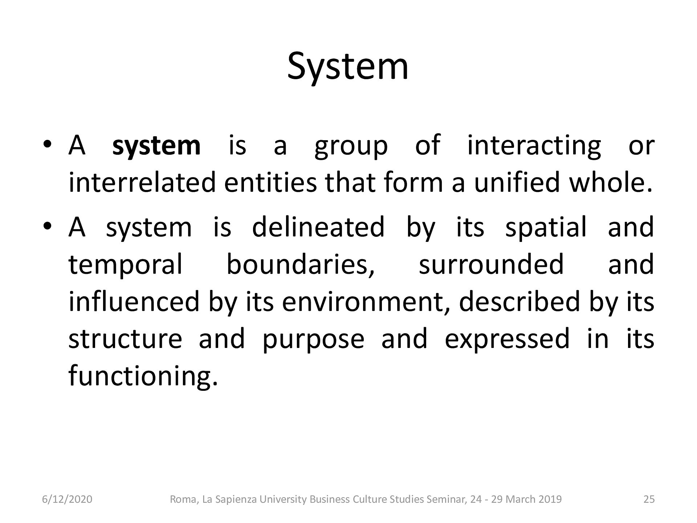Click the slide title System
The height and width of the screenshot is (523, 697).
[x=348, y=68]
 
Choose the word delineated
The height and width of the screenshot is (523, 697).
[x=318, y=227]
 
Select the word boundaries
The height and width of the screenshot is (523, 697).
[x=300, y=264]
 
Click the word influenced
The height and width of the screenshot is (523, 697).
[x=134, y=301]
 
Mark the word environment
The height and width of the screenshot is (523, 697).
[x=367, y=302]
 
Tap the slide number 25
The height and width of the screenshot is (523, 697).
[x=649, y=499]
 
